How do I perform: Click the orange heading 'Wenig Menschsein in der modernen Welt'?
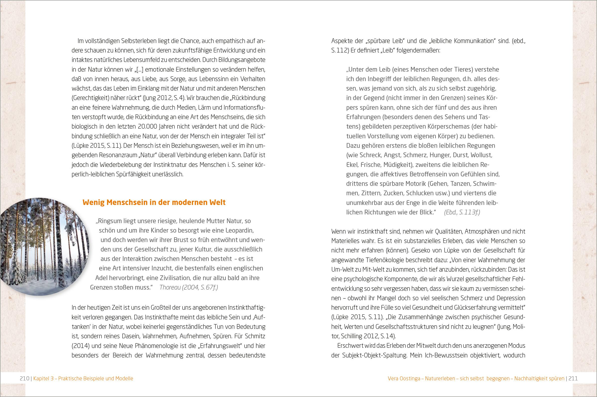tap(154, 202)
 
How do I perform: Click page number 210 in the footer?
tap(24, 379)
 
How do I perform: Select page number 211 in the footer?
tap(573, 379)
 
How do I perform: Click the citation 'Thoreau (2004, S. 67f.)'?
tap(189, 287)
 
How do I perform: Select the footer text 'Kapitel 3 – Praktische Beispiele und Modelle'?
tap(83, 379)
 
